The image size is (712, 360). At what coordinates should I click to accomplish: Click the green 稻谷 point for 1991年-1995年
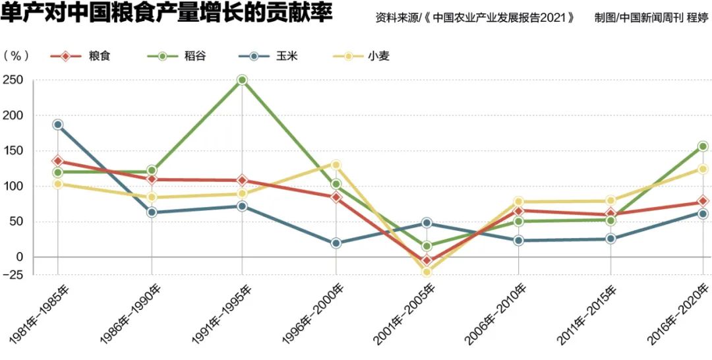242,80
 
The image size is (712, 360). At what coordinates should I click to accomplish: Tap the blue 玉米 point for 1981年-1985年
58,125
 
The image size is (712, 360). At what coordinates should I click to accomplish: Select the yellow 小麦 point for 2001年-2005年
427,271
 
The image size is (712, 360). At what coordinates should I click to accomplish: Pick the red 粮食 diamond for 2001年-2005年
427,260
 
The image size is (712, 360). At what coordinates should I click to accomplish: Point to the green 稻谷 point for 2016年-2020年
703,146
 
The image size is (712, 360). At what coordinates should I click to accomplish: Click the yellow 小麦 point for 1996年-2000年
336,165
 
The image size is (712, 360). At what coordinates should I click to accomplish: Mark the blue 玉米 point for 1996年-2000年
336,243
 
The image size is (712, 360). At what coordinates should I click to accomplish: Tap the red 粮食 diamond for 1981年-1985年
58,161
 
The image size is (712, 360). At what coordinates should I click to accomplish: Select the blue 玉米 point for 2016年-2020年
703,214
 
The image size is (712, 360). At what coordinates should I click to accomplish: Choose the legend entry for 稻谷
177,56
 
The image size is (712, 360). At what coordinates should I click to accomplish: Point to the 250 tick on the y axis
14,80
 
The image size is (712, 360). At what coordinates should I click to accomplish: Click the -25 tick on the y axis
13,274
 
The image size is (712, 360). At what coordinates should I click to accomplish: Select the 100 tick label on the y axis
14,186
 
